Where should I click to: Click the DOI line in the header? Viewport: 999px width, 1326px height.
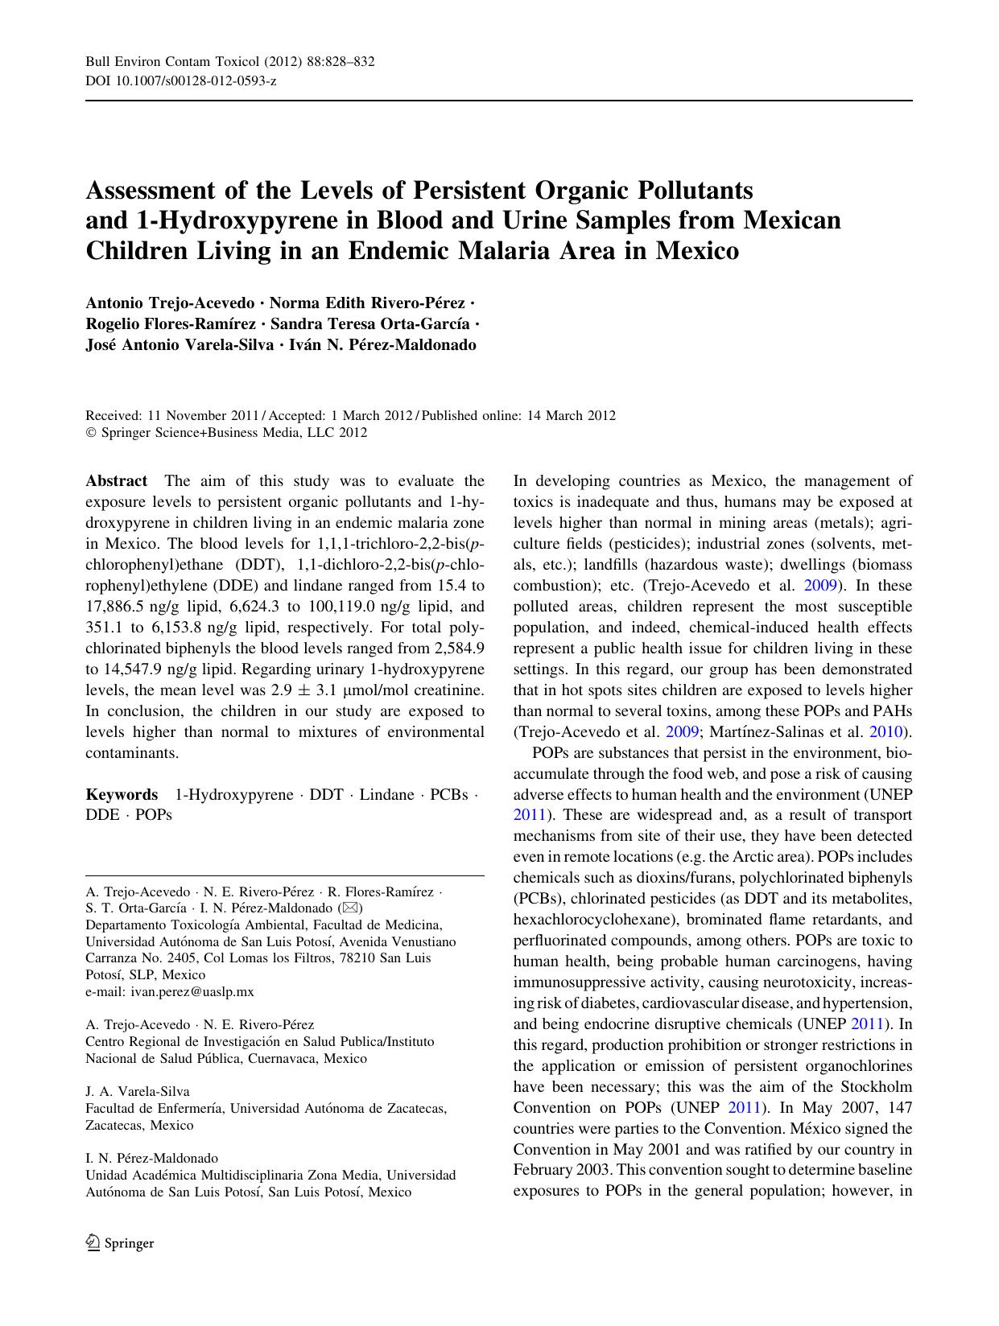(181, 81)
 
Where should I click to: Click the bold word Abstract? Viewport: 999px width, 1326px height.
(117, 481)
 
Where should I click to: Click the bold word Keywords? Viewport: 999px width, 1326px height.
(122, 795)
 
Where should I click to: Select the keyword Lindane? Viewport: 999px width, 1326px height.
(386, 795)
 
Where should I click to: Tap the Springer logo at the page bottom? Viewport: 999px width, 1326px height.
(120, 1243)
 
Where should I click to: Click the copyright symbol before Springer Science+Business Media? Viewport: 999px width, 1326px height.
(90, 433)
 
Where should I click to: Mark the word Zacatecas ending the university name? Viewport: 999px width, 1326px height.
(413, 1109)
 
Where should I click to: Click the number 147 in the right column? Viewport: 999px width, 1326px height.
(898, 1107)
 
